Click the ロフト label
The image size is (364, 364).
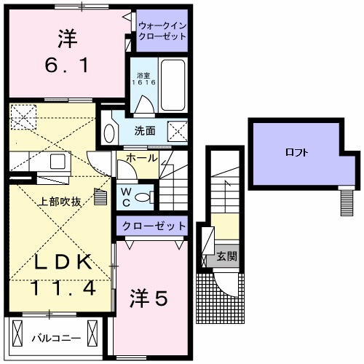(x=296, y=153)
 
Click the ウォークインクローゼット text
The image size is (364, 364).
(x=162, y=31)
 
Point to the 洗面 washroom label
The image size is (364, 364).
(x=144, y=132)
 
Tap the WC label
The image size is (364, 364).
(x=125, y=194)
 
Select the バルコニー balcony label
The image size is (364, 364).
(x=55, y=339)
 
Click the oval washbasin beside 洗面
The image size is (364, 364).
(x=109, y=132)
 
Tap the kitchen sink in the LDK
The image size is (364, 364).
(x=57, y=162)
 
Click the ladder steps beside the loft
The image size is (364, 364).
(x=346, y=201)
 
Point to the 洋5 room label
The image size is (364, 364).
(x=151, y=297)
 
